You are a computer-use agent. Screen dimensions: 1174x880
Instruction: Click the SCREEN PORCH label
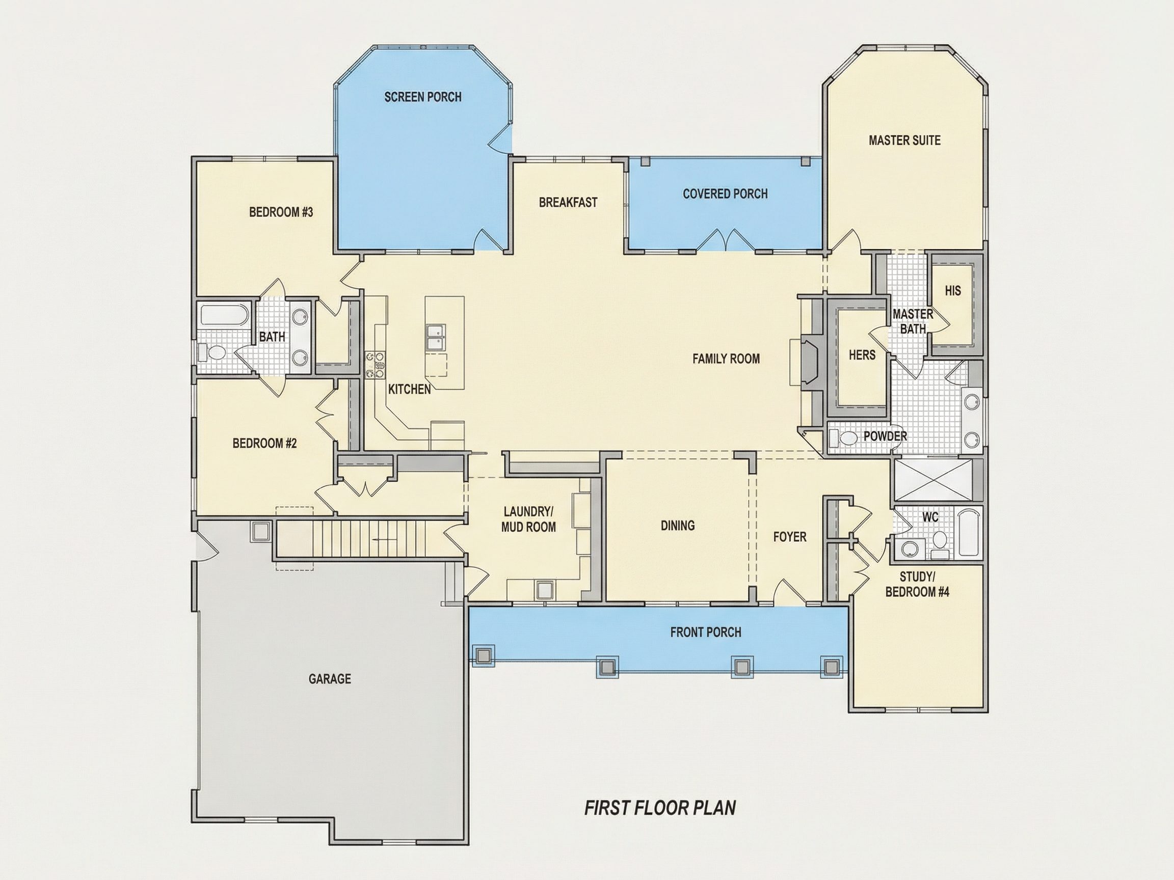pos(423,97)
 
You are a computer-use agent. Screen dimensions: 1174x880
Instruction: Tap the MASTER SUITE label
pos(904,141)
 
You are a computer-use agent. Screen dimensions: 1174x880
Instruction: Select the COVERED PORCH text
pos(725,194)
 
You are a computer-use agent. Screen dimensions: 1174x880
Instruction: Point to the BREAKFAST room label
pos(568,203)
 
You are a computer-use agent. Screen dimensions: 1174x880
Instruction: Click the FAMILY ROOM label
pos(726,359)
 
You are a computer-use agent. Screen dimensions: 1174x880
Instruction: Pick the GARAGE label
pos(330,679)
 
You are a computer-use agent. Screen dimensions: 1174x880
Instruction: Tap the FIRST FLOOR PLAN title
pos(660,808)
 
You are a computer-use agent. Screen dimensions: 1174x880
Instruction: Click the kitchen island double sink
pos(436,337)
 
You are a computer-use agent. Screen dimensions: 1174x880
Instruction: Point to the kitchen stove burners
pos(374,365)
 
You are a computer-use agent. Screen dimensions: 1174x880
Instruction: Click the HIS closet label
pos(953,291)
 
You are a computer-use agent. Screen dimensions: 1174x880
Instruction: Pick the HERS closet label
pos(862,355)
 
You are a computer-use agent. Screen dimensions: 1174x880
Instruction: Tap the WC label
pos(930,517)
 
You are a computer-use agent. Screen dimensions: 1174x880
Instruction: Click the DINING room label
pos(678,526)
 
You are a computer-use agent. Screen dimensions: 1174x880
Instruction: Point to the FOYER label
pos(790,537)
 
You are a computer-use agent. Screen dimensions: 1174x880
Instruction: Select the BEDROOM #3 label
pos(281,213)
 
